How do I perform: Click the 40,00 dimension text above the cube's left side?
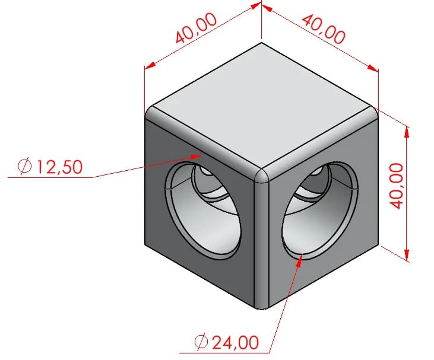[196, 28]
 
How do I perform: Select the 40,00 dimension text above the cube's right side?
[324, 29]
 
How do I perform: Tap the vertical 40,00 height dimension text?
[396, 186]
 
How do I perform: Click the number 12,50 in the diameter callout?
[59, 167]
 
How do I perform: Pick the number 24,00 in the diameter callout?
[235, 342]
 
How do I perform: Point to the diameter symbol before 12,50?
[24, 167]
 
